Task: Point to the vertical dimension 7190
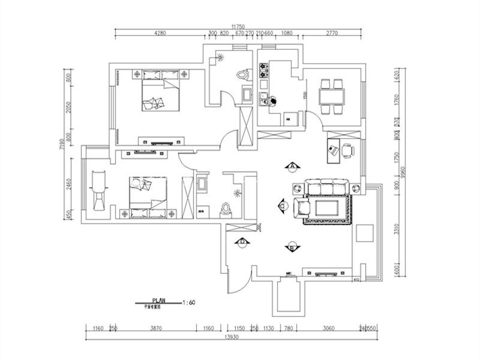point(62,145)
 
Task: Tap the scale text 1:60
point(188,302)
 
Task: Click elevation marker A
point(293,165)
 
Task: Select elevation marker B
point(292,246)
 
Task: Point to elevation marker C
point(282,205)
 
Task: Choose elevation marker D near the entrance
point(242,242)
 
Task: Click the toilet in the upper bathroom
point(241,75)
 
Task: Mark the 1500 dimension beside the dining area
point(306,95)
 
